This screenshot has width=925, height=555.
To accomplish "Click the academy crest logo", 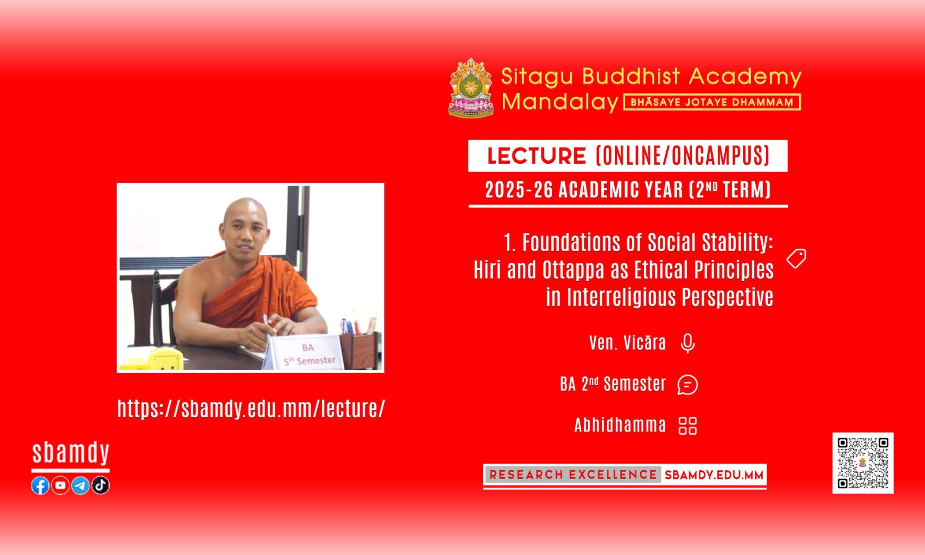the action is coord(471,87).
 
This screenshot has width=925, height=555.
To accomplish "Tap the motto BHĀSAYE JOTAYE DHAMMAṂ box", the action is coord(712,102).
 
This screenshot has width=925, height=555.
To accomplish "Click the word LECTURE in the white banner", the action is coord(537,156).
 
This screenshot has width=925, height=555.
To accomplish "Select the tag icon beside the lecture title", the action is coord(796,258).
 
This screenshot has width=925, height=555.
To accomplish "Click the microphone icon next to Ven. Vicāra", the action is coord(688,343).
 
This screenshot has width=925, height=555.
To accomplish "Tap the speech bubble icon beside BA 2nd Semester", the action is coord(688,384).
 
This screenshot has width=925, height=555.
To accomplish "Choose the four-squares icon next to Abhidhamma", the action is coord(688,425).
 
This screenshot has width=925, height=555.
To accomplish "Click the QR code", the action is coord(863,463).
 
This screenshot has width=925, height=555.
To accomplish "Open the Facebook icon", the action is coord(40,485).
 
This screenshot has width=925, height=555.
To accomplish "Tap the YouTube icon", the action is coord(60,485).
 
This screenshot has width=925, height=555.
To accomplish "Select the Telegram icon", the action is coord(80,485).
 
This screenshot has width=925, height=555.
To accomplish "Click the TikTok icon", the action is coord(100,485).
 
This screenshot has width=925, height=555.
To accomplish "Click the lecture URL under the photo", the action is coord(251,409).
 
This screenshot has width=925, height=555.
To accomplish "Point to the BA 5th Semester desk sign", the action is coord(305,352).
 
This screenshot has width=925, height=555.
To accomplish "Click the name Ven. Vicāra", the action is coord(627,343).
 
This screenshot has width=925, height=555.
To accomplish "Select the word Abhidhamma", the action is coord(620,425).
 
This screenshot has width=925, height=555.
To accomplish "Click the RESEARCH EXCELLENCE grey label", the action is coord(573,475).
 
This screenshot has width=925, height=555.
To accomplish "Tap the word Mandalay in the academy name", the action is coord(560,102).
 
